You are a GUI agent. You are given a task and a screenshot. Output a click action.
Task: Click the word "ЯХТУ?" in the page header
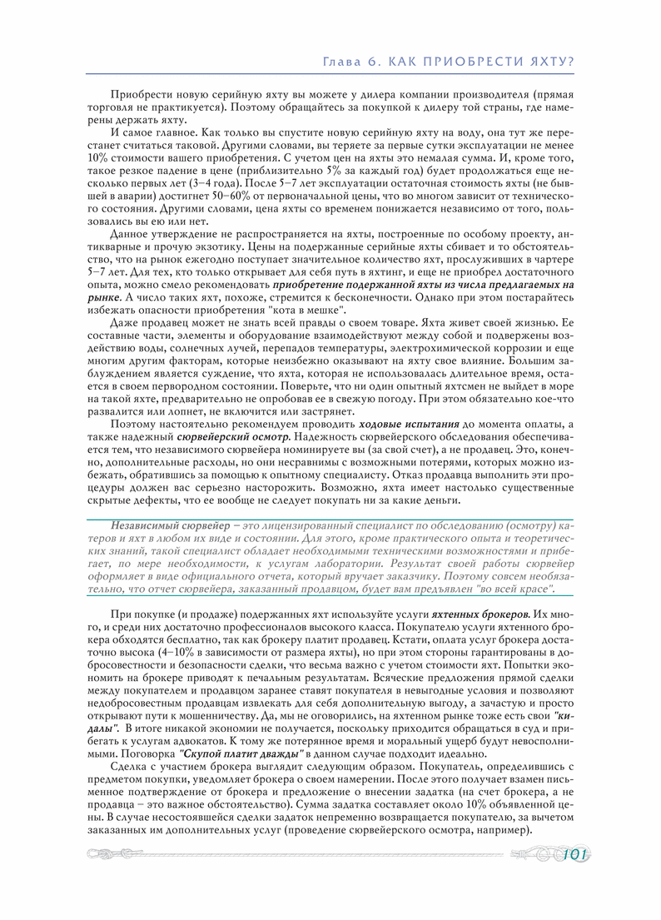pos(551,62)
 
